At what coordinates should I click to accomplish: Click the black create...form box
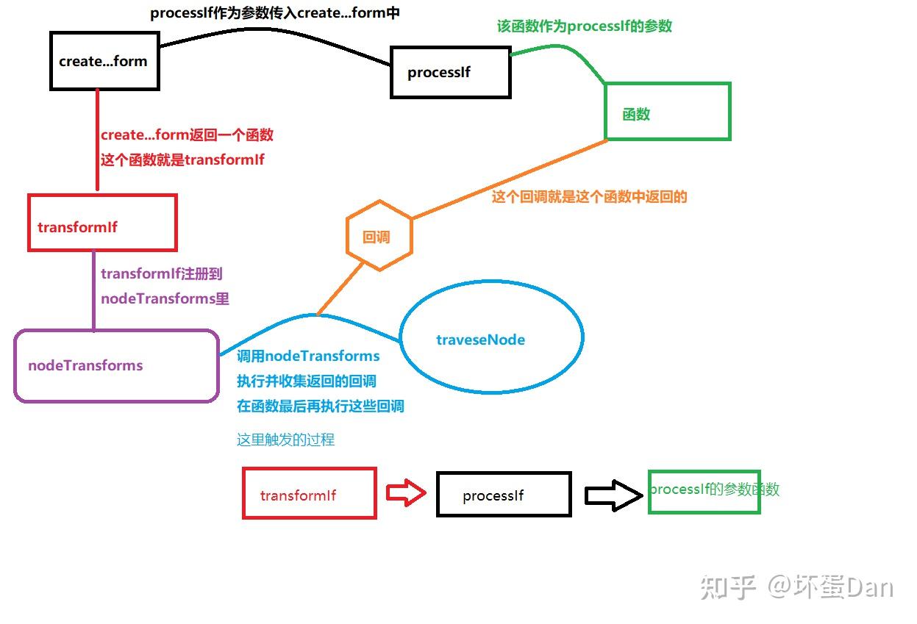pyautogui.click(x=104, y=61)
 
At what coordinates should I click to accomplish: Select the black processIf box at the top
pyautogui.click(x=450, y=73)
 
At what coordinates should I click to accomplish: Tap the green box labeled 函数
pyautogui.click(x=667, y=112)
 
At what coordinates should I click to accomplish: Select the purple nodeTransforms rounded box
pyautogui.click(x=116, y=365)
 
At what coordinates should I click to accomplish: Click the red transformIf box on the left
pyautogui.click(x=102, y=223)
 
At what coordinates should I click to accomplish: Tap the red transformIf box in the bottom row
pyautogui.click(x=310, y=493)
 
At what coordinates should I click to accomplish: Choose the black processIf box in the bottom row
pyautogui.click(x=504, y=494)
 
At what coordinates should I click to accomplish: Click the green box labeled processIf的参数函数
pyautogui.click(x=704, y=490)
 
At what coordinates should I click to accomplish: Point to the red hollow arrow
pyautogui.click(x=406, y=493)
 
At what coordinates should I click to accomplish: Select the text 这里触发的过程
pyautogui.click(x=285, y=440)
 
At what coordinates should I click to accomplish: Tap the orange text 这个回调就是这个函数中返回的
pyautogui.click(x=589, y=197)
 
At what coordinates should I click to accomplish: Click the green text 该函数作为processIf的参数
pyautogui.click(x=584, y=26)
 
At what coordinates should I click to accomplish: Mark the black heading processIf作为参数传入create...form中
pyautogui.click(x=274, y=13)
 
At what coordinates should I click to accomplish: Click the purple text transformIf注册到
pyautogui.click(x=161, y=274)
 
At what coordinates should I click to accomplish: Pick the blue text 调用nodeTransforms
pyautogui.click(x=308, y=356)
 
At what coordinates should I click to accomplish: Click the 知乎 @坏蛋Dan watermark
pyautogui.click(x=796, y=587)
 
